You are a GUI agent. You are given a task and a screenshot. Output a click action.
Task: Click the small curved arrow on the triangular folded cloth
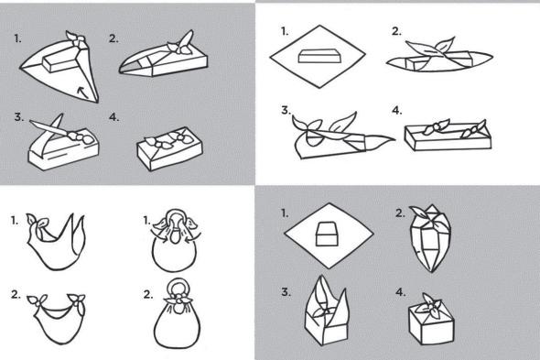(81, 91)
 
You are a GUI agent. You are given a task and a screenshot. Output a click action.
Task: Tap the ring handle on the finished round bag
(177, 280)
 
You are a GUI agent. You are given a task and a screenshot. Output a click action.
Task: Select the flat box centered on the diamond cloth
(320, 56)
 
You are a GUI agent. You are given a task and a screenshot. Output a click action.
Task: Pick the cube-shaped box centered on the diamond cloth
(327, 234)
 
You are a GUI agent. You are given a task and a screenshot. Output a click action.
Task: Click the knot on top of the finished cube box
(431, 304)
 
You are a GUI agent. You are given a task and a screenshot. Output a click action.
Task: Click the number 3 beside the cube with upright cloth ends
(286, 292)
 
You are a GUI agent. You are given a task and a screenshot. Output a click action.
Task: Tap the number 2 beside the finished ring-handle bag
(147, 294)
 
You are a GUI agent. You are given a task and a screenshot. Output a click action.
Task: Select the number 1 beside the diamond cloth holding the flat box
(285, 32)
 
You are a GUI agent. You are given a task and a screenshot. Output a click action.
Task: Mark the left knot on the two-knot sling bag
(38, 301)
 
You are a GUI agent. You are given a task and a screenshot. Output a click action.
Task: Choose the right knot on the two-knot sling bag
(77, 300)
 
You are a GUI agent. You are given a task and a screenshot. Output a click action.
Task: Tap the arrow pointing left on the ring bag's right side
(190, 238)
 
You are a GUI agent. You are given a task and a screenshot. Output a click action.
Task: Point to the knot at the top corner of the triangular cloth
(78, 38)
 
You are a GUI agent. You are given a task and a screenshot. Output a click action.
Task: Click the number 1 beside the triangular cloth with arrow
(18, 38)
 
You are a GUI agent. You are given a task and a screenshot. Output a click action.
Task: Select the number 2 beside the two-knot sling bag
(16, 294)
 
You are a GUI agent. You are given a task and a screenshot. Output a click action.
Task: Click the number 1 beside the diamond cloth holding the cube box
(285, 213)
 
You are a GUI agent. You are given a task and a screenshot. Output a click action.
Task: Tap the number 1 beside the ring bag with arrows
(146, 220)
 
